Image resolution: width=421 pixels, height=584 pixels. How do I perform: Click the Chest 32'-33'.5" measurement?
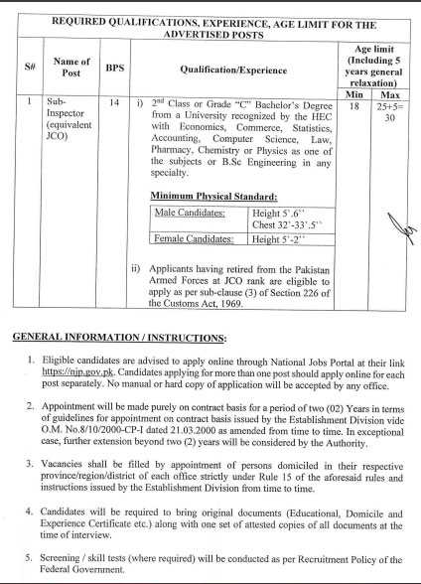point(284,223)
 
